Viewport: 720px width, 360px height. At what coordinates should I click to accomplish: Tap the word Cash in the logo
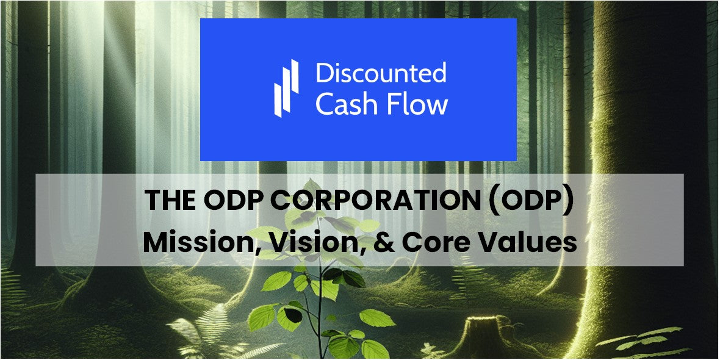[x=344, y=104]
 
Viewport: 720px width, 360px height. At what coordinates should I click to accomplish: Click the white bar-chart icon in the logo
[x=286, y=88]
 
